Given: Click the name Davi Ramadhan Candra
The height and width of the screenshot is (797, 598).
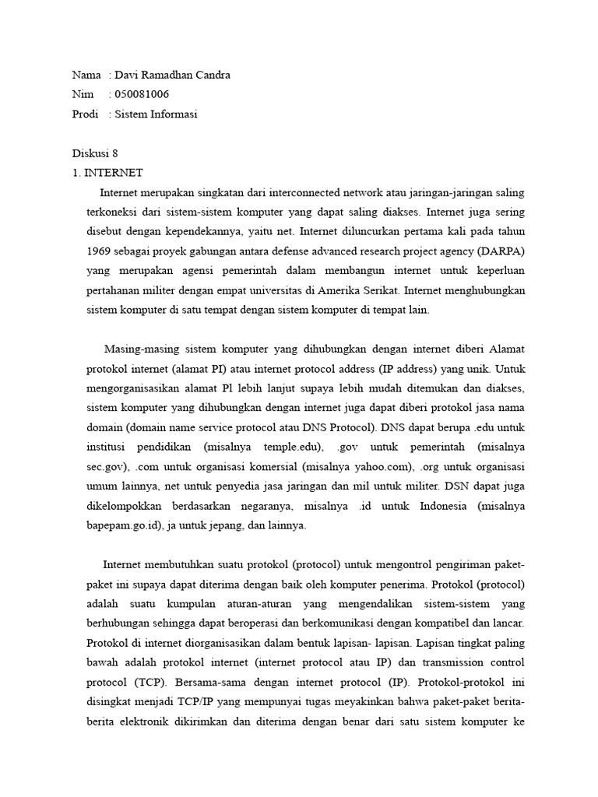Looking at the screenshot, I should point(173,75).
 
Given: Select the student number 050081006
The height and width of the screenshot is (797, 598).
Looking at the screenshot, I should point(142,95).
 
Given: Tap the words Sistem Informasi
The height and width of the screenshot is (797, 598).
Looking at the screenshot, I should point(156,114).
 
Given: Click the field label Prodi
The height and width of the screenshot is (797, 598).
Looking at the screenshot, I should point(85,114).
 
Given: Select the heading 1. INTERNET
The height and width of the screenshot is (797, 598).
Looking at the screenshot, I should point(107,173).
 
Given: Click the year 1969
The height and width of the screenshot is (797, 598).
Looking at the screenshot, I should point(101,251).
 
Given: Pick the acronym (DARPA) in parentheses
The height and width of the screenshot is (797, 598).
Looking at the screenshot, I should point(502,251).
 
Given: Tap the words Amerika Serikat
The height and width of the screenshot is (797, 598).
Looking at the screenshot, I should point(362,290).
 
